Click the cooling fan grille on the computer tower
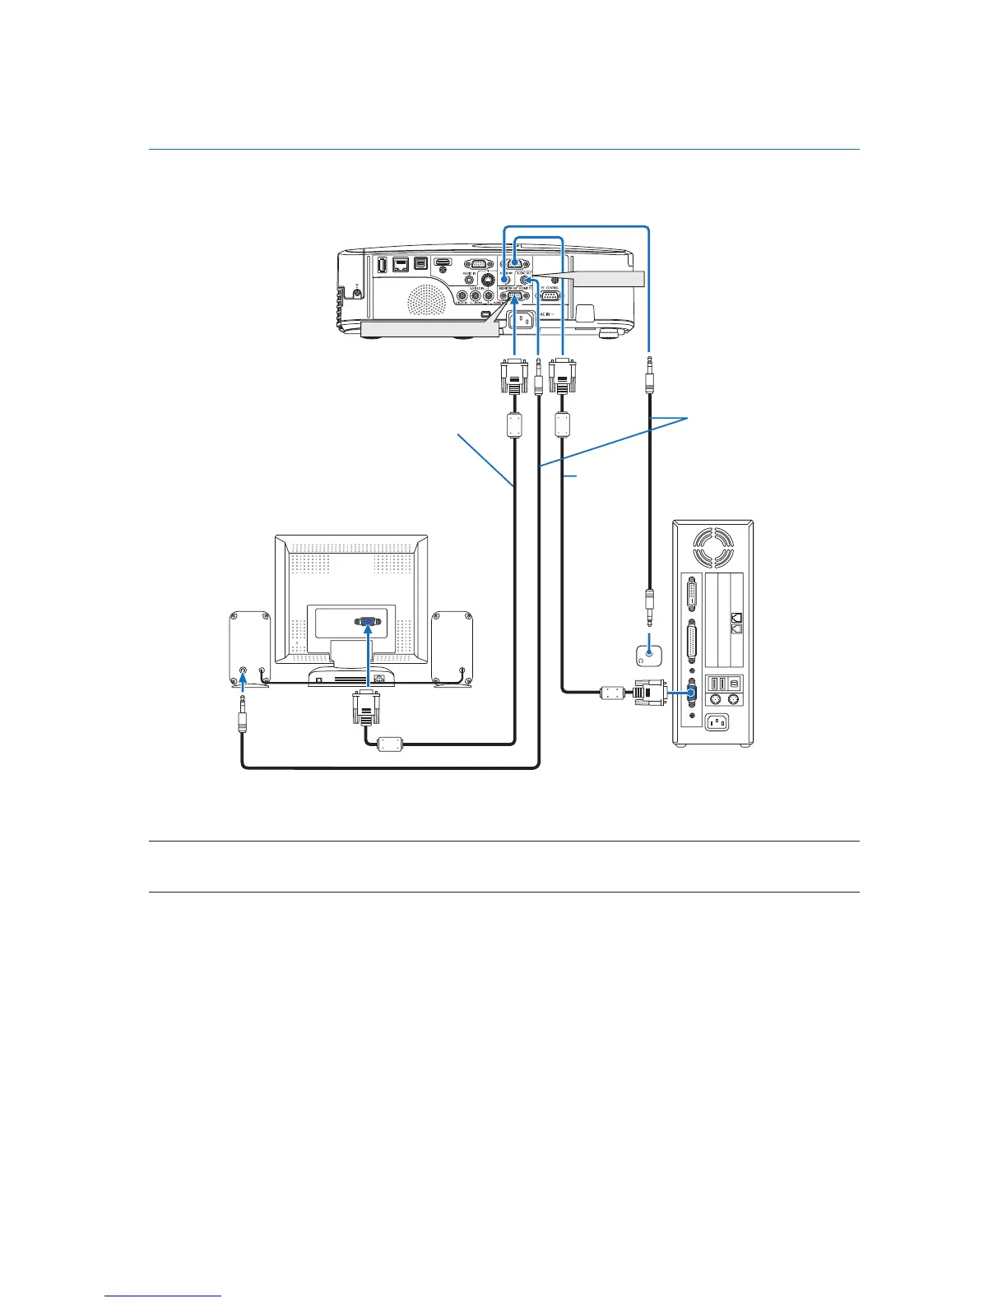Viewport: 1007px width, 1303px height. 712,547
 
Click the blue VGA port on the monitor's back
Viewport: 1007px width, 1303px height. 368,624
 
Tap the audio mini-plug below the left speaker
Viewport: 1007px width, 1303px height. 242,716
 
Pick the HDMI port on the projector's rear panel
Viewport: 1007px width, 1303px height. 443,266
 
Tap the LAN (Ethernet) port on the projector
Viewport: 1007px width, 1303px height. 401,265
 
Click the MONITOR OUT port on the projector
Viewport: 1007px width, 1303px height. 513,297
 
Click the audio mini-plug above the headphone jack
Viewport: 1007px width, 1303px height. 650,605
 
